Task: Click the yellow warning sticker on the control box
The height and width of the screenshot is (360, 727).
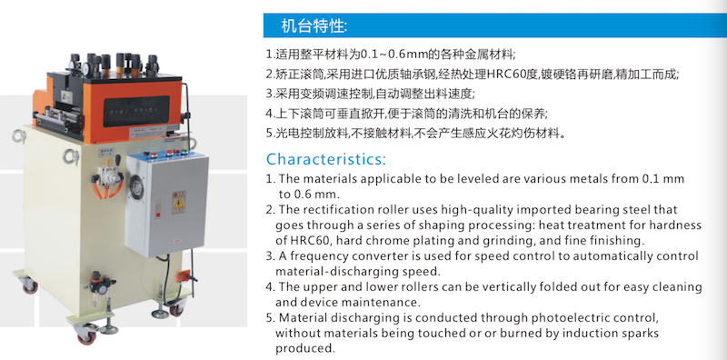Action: (178, 202)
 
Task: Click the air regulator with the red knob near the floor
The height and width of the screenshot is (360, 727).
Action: (100, 283)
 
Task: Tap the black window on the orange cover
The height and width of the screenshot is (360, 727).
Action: (136, 111)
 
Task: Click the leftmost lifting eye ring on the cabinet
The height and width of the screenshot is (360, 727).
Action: (19, 136)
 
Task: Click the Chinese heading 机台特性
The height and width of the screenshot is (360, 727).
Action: (314, 26)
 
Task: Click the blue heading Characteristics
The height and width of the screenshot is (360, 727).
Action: (326, 159)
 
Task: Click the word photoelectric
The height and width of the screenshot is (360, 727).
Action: (566, 318)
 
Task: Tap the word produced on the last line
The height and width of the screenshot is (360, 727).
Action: (304, 348)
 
